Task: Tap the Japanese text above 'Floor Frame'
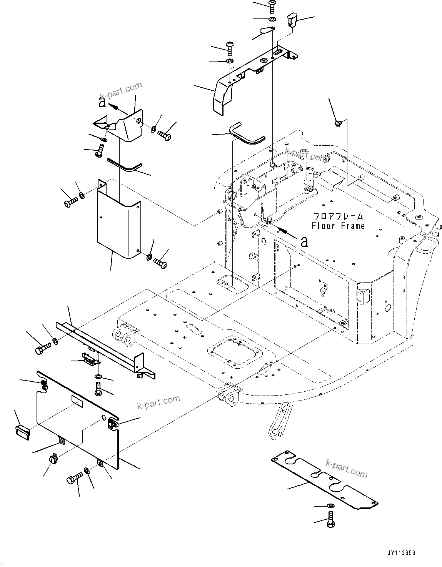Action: point(339,216)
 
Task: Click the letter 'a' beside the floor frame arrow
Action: point(304,241)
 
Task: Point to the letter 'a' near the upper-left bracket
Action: point(102,103)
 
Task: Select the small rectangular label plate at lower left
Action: point(23,431)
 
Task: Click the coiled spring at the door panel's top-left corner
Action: point(43,383)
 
